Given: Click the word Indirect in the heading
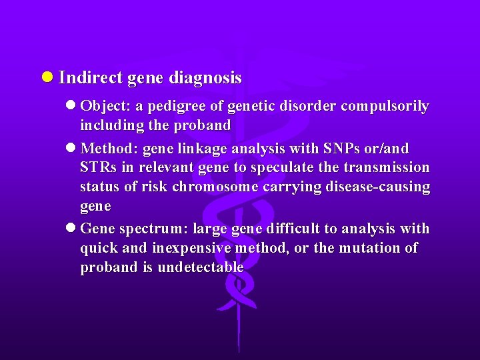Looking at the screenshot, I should pos(90,78).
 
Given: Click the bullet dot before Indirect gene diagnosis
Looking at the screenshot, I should pos(47,78).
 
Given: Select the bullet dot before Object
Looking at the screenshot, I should pos(71,106).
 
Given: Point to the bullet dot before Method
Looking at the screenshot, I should pos(71,148).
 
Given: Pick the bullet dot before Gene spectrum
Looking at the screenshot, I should pos(71,229).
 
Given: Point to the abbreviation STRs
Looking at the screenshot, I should pos(97,167).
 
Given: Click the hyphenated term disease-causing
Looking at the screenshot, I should pos(378,187).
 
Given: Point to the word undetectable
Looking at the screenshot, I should pos(201,267).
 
